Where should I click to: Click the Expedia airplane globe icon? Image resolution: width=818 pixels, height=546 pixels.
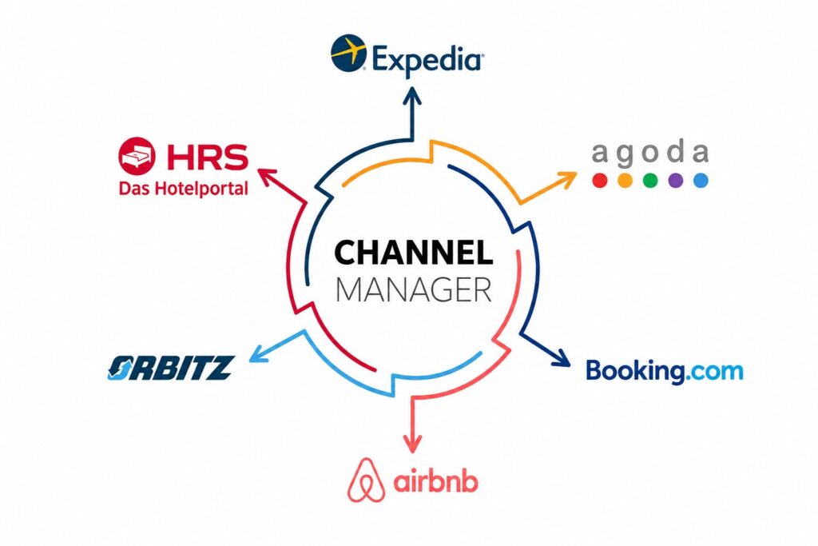(348, 53)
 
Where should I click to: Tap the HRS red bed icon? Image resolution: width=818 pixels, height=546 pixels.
(137, 156)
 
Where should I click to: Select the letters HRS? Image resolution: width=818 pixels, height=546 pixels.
(208, 157)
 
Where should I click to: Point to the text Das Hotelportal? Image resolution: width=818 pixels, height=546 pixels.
(184, 188)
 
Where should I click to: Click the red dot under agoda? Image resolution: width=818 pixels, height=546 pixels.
(600, 181)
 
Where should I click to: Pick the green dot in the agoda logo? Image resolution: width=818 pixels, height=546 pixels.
(650, 181)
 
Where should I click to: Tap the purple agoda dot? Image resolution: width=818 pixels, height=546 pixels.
(676, 181)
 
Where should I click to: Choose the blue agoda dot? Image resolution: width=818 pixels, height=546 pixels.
(701, 181)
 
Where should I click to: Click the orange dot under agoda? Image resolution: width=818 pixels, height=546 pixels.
(625, 181)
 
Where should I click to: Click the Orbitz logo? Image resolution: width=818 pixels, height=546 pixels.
(171, 368)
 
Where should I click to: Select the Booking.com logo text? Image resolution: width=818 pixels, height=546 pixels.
(665, 371)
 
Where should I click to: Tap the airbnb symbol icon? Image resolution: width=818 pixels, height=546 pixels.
(367, 480)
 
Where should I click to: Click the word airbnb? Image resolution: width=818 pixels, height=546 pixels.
(435, 481)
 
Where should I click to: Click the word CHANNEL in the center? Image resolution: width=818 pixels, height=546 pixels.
(413, 253)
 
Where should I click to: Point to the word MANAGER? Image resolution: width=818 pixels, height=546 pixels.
(414, 289)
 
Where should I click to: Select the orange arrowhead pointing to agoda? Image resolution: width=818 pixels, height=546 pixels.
(568, 178)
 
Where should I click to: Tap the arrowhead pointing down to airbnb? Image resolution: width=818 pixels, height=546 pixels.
(413, 444)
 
